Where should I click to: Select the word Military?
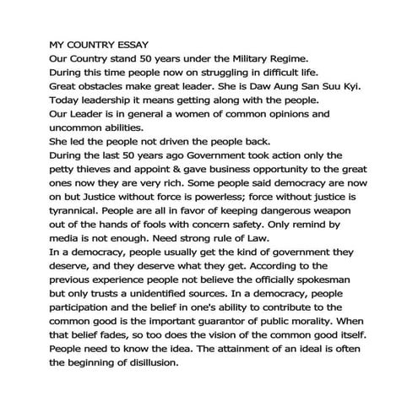point(263,57)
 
